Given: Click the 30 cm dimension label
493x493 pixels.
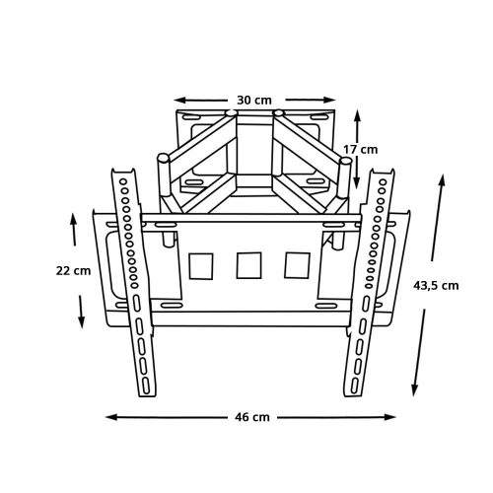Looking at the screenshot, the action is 254,100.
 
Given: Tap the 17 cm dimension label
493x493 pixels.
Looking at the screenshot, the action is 361,150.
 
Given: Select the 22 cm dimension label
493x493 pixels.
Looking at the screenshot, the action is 73,271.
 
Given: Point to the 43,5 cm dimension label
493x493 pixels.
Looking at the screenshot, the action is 436,286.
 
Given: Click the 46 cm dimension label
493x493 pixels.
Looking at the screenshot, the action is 252,417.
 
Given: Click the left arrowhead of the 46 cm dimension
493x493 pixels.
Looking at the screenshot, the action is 111,417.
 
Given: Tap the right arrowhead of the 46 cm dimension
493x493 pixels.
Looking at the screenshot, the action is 389,417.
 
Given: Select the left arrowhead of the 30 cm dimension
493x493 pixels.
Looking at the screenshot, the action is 179,100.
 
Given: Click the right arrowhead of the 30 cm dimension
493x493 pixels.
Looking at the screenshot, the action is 329,100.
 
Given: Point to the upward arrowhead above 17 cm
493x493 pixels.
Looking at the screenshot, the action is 358,115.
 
